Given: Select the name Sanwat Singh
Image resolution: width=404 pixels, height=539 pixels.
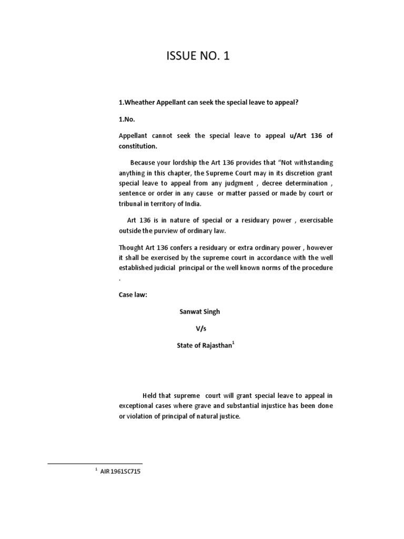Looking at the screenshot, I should pos(199,312).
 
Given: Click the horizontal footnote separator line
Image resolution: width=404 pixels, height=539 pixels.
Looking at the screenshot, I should pos(95,463).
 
